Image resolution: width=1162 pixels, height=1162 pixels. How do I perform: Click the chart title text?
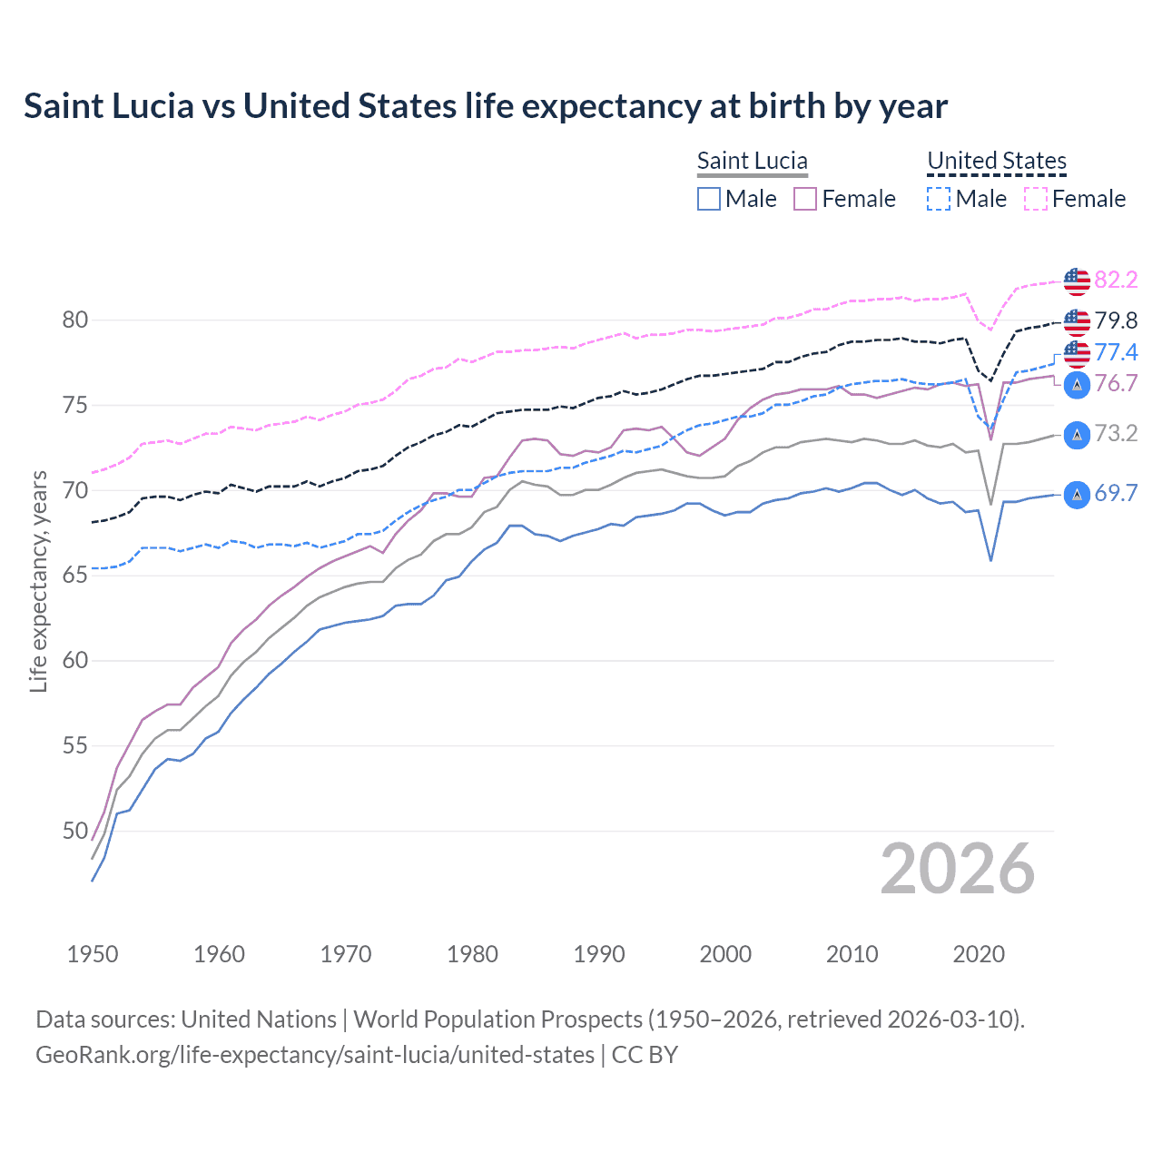pyautogui.click(x=486, y=106)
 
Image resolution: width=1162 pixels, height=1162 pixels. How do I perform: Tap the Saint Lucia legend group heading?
pyautogui.click(x=752, y=161)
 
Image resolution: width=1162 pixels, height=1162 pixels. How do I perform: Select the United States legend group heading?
pyautogui.click(x=996, y=161)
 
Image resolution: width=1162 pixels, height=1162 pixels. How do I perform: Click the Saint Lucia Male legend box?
pyautogui.click(x=709, y=199)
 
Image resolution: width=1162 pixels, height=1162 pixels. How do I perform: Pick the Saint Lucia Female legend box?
pyautogui.click(x=805, y=199)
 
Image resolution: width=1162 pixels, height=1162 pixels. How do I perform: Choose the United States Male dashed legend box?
pyautogui.click(x=939, y=199)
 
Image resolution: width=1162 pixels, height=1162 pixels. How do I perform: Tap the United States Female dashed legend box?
pyautogui.click(x=1036, y=199)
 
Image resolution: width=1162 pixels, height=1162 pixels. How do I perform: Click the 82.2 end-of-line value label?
pyautogui.click(x=1116, y=280)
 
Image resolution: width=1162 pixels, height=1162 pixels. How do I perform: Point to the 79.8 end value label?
pyautogui.click(x=1116, y=320)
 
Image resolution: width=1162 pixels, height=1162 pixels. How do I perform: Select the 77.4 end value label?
pyautogui.click(x=1116, y=352)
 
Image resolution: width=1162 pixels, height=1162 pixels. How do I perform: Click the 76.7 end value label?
pyautogui.click(x=1116, y=383)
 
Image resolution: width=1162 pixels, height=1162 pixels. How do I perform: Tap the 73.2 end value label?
pyautogui.click(x=1116, y=433)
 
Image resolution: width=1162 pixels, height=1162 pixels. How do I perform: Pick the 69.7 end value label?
pyautogui.click(x=1116, y=493)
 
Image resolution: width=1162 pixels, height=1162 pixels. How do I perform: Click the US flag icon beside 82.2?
pyautogui.click(x=1077, y=281)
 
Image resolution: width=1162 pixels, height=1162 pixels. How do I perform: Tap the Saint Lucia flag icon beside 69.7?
pyautogui.click(x=1077, y=495)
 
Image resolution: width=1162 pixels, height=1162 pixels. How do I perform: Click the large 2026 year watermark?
pyautogui.click(x=958, y=869)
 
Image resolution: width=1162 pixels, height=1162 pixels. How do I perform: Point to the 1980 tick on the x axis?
pyautogui.click(x=472, y=954)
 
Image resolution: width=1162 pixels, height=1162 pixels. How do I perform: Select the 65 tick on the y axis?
pyautogui.click(x=75, y=576)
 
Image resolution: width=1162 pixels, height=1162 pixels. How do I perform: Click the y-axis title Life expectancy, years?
pyautogui.click(x=38, y=581)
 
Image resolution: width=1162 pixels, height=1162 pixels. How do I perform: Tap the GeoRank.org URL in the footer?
pyautogui.click(x=315, y=1055)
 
